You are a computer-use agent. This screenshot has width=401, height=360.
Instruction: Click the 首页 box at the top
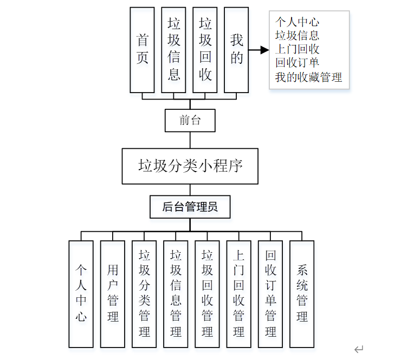pyautogui.click(x=143, y=50)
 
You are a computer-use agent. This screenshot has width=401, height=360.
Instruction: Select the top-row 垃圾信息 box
pyautogui.click(x=174, y=50)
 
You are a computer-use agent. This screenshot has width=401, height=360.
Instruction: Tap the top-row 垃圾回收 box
pyautogui.click(x=205, y=50)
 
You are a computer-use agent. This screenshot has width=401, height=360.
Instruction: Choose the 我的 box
pyautogui.click(x=236, y=50)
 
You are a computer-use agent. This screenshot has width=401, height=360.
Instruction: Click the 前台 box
pyautogui.click(x=190, y=120)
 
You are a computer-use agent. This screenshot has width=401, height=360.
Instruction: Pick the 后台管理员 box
pyautogui.click(x=190, y=206)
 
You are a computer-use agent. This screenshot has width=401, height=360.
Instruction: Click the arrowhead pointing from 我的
pyautogui.click(x=265, y=50)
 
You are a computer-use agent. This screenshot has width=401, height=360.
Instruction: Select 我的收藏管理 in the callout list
pyautogui.click(x=308, y=77)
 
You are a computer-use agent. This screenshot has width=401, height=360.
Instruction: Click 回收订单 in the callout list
pyautogui.click(x=297, y=63)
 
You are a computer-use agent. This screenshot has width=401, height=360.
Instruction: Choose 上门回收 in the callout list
pyautogui.click(x=297, y=49)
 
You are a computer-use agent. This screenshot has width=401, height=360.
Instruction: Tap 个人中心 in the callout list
pyautogui.click(x=297, y=22)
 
